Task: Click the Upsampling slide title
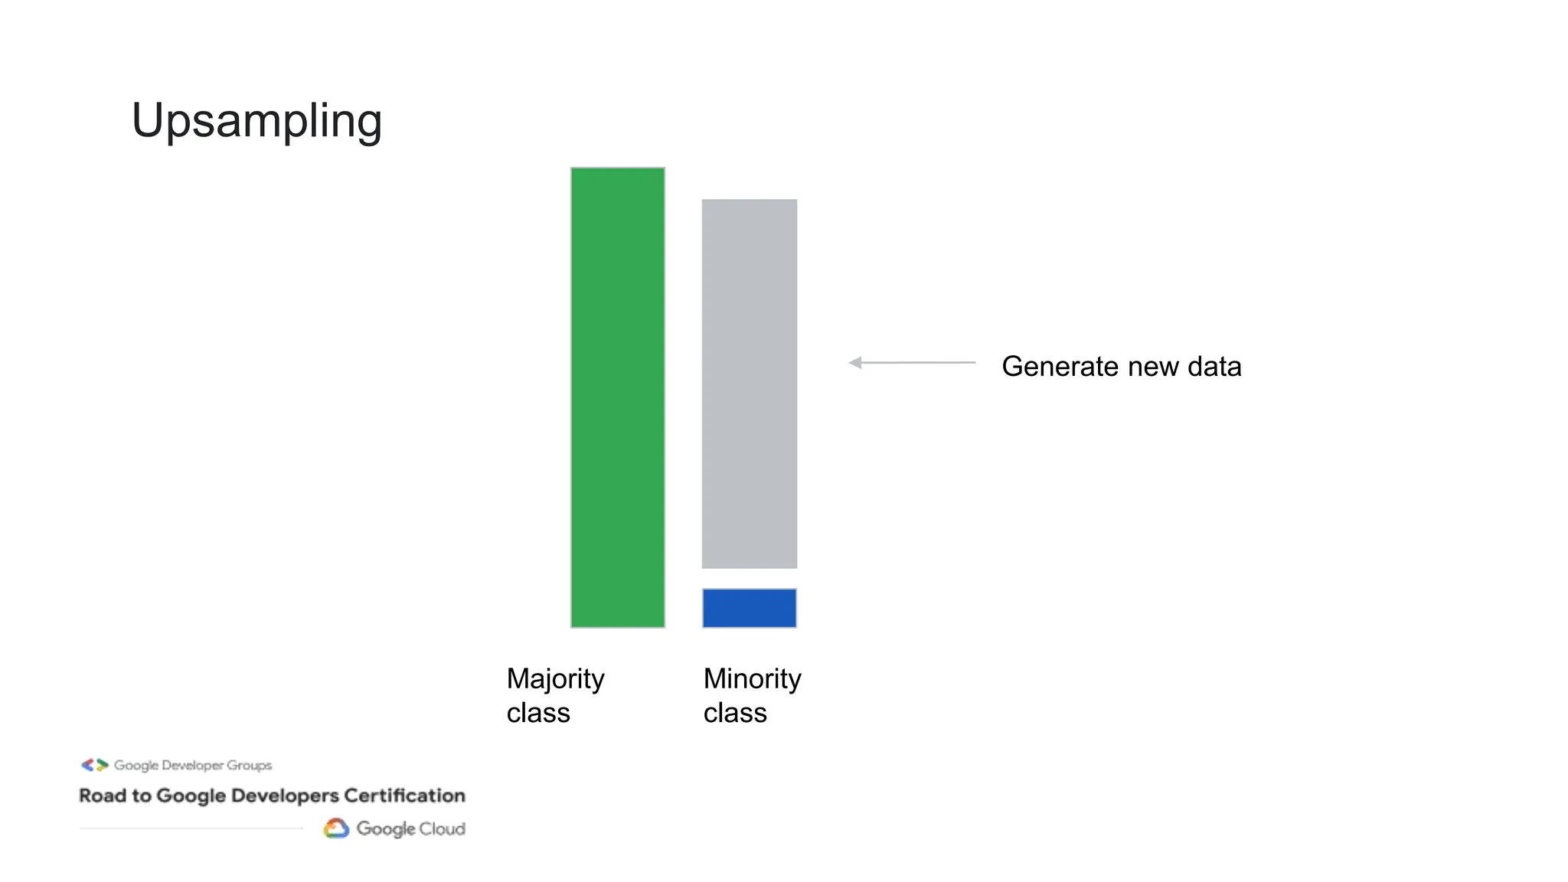[x=256, y=121]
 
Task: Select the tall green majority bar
[x=618, y=397]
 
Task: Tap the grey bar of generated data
[x=750, y=384]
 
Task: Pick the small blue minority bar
[x=750, y=608]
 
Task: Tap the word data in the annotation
[x=1214, y=367]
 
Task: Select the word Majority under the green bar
[x=556, y=679]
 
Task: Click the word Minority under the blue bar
[x=753, y=679]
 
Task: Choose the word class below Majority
[x=538, y=714]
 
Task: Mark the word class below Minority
[x=735, y=714]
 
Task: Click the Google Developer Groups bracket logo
[x=95, y=765]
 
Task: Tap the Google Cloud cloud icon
[x=336, y=828]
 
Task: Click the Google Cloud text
[x=410, y=829]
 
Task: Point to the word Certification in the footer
[x=404, y=796]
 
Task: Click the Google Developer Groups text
[x=193, y=765]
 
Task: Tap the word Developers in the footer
[x=285, y=796]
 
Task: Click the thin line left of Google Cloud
[x=191, y=828]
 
